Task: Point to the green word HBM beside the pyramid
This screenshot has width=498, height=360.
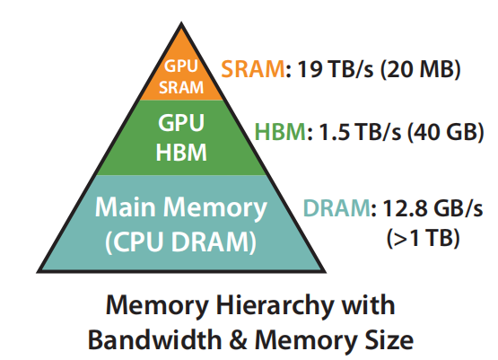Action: pyautogui.click(x=279, y=132)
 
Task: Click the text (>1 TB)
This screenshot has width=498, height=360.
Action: pyautogui.click(x=422, y=238)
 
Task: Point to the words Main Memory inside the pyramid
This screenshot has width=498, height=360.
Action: pyautogui.click(x=181, y=208)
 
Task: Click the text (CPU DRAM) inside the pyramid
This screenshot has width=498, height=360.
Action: pyautogui.click(x=181, y=241)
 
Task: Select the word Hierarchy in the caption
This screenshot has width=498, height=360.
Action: pyautogui.click(x=259, y=305)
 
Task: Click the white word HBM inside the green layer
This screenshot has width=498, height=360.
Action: pyautogui.click(x=181, y=152)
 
